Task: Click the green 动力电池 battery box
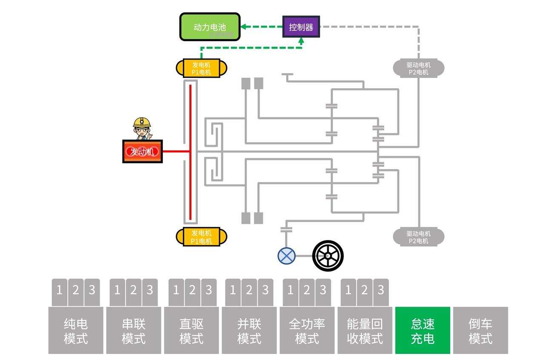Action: [x=209, y=27]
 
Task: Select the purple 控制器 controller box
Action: [x=301, y=26]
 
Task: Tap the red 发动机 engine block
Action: [x=142, y=151]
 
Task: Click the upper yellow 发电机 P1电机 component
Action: [x=201, y=68]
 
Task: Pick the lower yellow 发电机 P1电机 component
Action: [x=201, y=237]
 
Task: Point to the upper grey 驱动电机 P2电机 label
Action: [x=418, y=69]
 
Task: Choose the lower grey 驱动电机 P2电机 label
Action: [x=418, y=237]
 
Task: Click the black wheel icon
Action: [x=328, y=256]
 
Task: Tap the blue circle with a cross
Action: [x=286, y=256]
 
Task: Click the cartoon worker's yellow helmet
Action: [x=142, y=122]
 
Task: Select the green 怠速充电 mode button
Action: [x=423, y=331]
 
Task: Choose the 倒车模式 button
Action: [x=480, y=331]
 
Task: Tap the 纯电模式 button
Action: [x=76, y=331]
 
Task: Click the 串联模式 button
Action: [x=134, y=331]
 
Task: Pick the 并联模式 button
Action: [x=249, y=331]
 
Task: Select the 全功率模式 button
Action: [x=307, y=331]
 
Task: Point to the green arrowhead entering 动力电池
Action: [x=244, y=27]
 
